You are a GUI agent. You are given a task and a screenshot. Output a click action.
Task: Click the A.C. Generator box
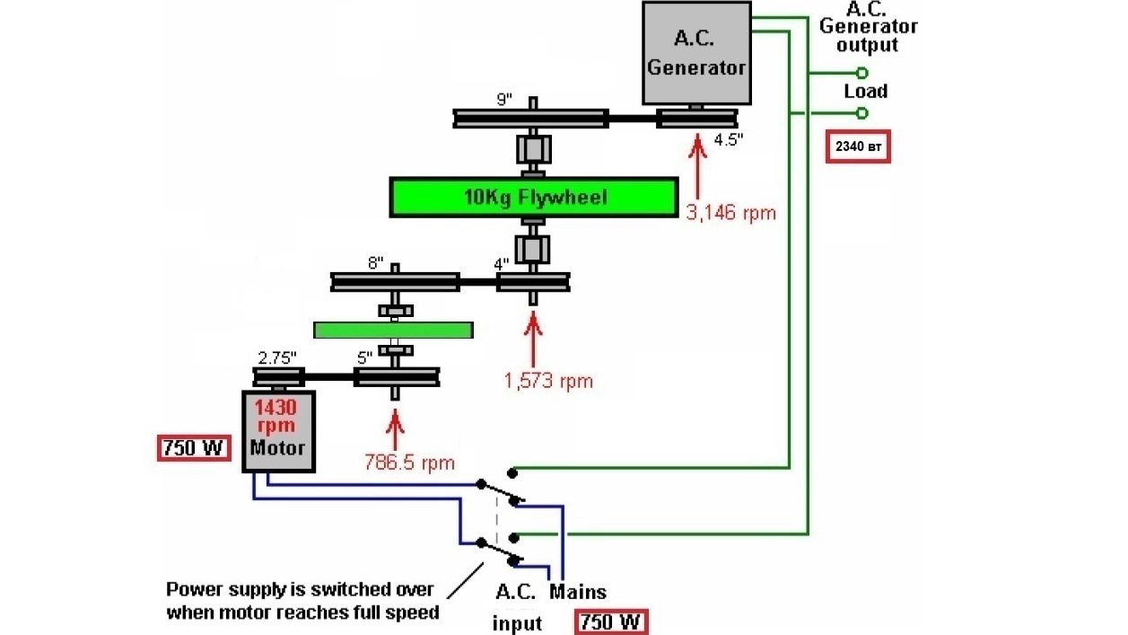tap(696, 53)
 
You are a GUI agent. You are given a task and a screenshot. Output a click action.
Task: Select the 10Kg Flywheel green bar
tap(533, 198)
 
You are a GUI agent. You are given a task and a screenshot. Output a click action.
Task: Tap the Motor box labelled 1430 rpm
tap(278, 431)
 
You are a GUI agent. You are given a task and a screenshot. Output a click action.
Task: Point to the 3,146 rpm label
tap(730, 213)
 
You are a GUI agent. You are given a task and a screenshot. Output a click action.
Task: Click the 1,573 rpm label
tap(548, 380)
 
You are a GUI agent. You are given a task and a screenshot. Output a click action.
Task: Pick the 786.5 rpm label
tap(409, 463)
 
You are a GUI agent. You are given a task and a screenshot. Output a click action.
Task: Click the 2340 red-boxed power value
tap(858, 146)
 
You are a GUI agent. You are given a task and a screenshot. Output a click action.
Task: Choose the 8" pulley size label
tap(374, 263)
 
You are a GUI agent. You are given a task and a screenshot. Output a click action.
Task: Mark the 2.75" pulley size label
tap(277, 357)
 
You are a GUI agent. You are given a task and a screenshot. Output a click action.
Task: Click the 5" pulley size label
tap(365, 357)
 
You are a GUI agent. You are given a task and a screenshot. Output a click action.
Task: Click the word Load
tap(865, 92)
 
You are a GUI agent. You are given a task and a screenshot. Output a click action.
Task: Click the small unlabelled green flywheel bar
tap(393, 330)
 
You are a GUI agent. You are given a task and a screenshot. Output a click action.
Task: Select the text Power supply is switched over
tap(300, 590)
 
